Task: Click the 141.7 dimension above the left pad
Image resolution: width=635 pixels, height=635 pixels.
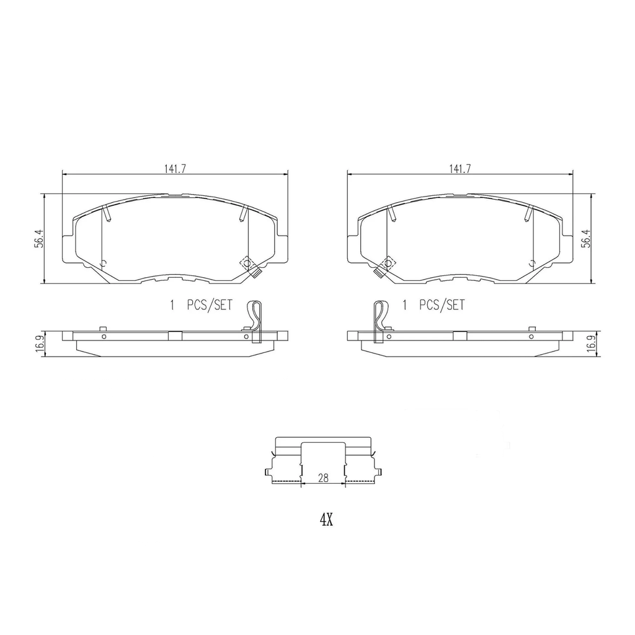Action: pos(175,169)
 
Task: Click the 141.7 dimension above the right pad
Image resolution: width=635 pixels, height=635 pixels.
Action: pos(460,169)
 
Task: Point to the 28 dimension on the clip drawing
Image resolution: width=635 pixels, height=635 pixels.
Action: pos(323,477)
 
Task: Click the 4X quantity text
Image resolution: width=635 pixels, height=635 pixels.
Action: pos(326,520)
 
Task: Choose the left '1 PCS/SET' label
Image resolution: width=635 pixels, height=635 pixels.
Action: pos(200,305)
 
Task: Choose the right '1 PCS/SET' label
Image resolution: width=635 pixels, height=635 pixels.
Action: pos(433,305)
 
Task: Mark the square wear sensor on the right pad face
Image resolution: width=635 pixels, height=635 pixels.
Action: pos(386,265)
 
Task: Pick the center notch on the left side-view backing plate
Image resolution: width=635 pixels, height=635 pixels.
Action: pos(175,336)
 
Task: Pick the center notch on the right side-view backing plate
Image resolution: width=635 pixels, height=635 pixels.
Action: pos(460,336)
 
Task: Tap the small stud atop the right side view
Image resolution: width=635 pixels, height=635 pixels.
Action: pos(531,328)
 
